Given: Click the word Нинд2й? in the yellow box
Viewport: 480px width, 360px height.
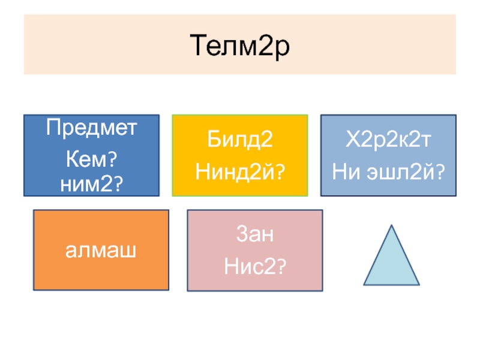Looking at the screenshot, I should (x=239, y=172).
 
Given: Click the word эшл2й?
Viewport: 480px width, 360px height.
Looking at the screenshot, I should (x=402, y=172).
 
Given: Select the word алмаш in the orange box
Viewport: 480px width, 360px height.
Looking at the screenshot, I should (x=101, y=250).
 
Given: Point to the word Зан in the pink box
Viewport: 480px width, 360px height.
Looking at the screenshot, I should (x=255, y=235).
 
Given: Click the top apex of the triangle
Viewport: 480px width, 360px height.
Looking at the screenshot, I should (x=392, y=226).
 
